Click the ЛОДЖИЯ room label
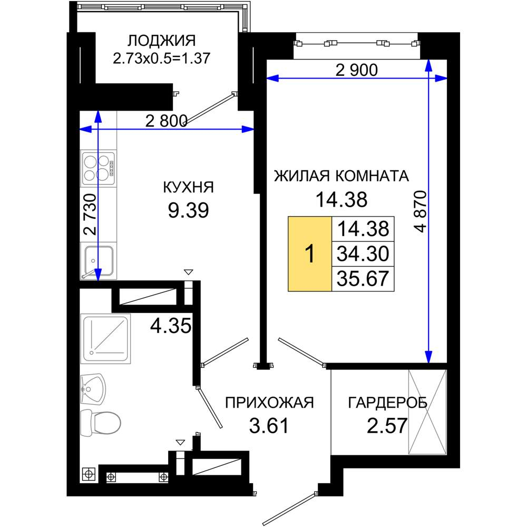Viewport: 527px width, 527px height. (162, 41)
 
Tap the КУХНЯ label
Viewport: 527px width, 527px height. (188, 187)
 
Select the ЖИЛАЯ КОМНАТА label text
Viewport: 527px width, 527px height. (341, 176)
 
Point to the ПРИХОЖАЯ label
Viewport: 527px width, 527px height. (269, 402)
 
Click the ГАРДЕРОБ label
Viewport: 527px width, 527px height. (387, 402)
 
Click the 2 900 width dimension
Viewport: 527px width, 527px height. (357, 70)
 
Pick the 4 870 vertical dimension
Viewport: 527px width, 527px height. (421, 212)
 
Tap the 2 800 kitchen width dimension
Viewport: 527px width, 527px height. (166, 121)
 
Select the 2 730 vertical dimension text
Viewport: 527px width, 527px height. (90, 214)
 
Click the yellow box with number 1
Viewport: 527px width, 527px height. (310, 253)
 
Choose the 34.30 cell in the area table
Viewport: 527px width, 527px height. (363, 254)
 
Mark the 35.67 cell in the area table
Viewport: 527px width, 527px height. (363, 279)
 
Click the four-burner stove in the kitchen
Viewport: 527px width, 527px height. (99, 168)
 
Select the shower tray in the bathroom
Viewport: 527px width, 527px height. (105, 339)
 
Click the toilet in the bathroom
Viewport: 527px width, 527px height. (101, 423)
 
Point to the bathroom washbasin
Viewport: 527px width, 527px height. (93, 389)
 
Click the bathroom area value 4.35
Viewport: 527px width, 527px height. (171, 326)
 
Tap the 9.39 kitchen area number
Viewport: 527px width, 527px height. (188, 210)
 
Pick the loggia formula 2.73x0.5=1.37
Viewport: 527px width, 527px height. (162, 58)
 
